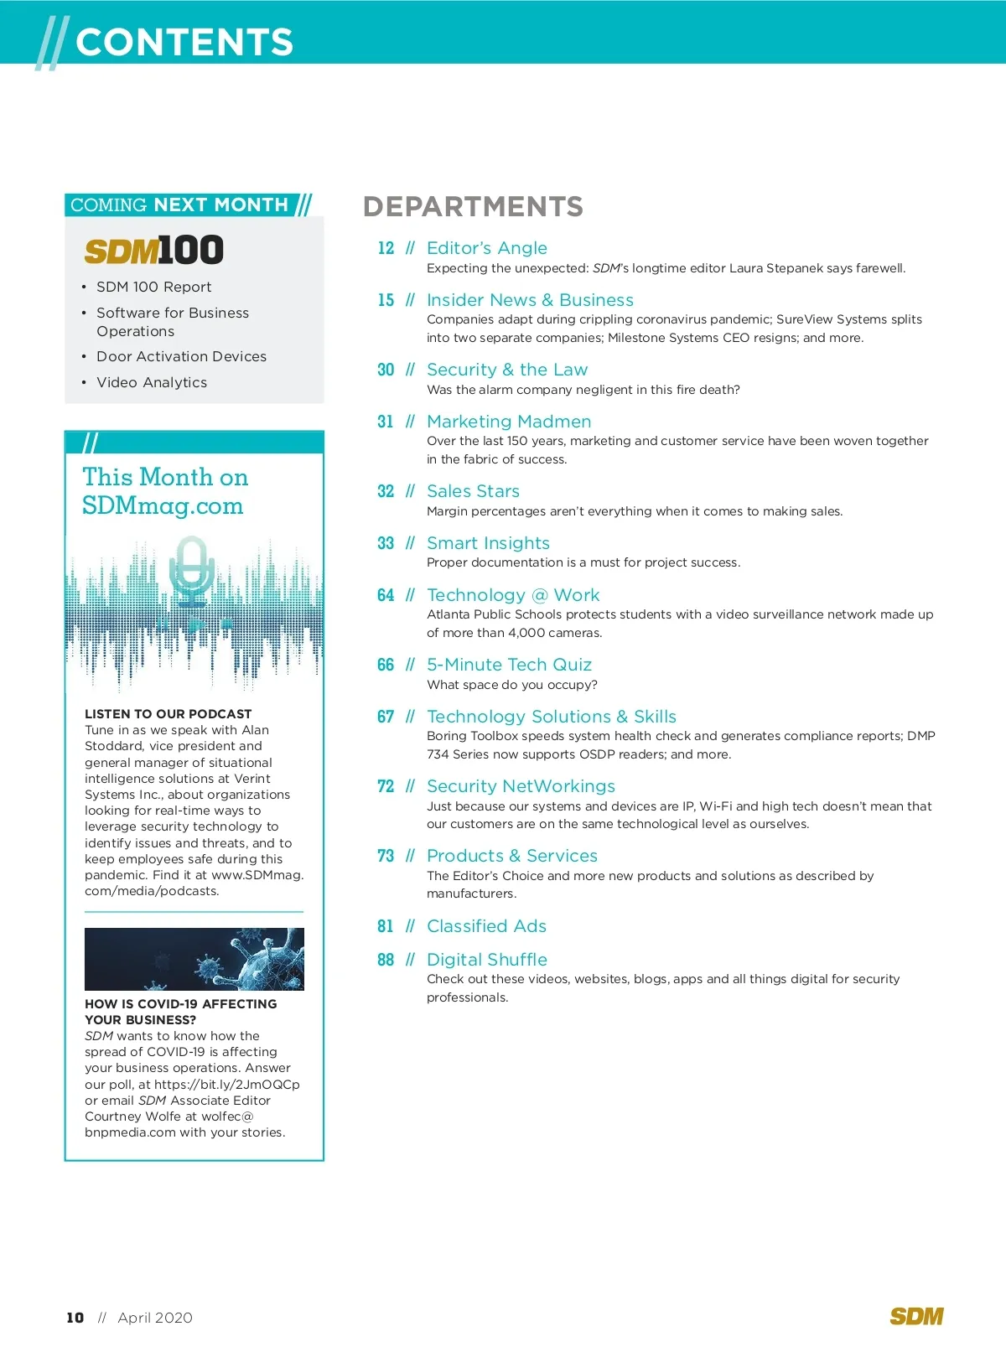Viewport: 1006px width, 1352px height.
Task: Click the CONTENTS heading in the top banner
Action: (x=184, y=42)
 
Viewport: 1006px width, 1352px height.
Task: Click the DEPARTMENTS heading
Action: (x=473, y=206)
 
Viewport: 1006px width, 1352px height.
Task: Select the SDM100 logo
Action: (x=154, y=250)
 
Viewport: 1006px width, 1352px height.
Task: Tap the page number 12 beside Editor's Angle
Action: (x=386, y=248)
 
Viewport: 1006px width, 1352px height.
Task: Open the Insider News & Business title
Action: (x=530, y=300)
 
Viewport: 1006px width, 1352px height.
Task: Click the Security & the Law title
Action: (x=507, y=370)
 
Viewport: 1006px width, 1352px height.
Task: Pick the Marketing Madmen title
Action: (x=509, y=422)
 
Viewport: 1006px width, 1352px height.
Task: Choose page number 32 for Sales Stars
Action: (x=386, y=491)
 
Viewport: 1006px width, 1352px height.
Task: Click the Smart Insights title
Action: (x=488, y=543)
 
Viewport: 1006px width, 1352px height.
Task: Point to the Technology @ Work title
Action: (x=513, y=595)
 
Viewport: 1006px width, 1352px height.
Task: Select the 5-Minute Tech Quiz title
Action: (x=509, y=665)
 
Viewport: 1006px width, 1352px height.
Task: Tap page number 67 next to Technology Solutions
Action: (x=386, y=717)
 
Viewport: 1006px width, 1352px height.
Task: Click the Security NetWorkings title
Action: (x=521, y=786)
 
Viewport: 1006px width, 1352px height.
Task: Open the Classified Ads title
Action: (x=486, y=926)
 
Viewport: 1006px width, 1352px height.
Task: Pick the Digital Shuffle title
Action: (x=487, y=960)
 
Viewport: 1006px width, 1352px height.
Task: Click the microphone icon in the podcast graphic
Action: (x=192, y=570)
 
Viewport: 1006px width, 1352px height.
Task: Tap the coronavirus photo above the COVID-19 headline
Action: (x=194, y=959)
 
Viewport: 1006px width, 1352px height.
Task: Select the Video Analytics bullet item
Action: (x=152, y=382)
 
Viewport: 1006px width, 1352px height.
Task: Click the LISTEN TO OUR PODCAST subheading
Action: (x=169, y=714)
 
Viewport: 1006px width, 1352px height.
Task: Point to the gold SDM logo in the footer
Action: (x=916, y=1317)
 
